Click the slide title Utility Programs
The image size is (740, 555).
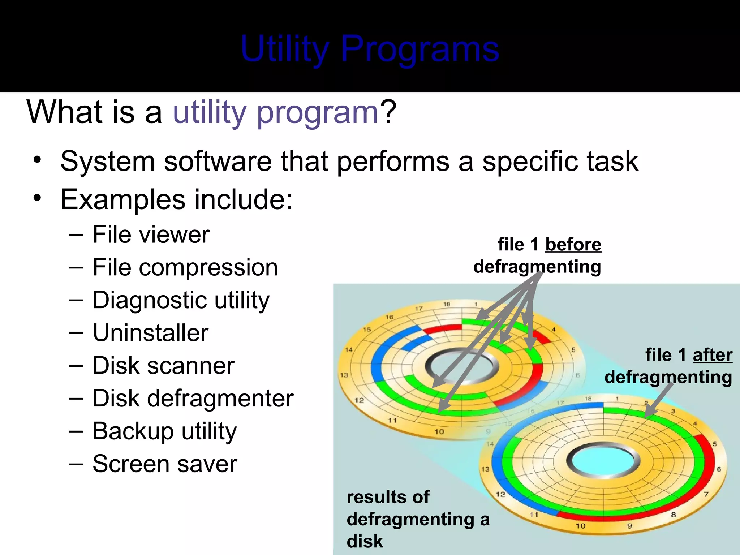370,49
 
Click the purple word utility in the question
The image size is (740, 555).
210,112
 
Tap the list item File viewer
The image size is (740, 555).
151,235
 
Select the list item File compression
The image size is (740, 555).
185,267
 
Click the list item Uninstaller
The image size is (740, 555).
150,333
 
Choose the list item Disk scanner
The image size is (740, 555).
163,366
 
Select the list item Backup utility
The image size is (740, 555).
164,431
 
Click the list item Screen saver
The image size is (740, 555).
165,464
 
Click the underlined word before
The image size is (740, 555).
573,245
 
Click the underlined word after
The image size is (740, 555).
712,355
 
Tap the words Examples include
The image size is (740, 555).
176,199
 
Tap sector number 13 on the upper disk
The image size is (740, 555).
344,375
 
